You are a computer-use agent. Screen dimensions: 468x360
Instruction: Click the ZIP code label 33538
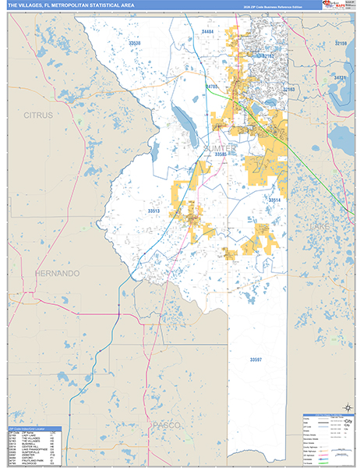[x=134, y=43]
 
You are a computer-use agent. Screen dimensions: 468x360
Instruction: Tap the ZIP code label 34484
[x=207, y=30]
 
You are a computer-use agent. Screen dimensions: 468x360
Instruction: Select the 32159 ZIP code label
[x=340, y=43]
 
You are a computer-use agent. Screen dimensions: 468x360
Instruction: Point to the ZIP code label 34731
[x=340, y=78]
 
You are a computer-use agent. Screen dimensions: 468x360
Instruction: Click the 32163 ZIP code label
[x=289, y=90]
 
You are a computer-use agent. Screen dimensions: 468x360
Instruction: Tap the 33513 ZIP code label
[x=153, y=211]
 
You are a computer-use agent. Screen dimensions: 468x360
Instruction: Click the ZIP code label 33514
[x=274, y=200]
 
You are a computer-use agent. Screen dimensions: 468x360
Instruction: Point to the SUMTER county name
[x=220, y=147]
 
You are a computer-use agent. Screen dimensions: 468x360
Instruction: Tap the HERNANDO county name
[x=57, y=274]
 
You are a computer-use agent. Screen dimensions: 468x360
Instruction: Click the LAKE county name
[x=320, y=225]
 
